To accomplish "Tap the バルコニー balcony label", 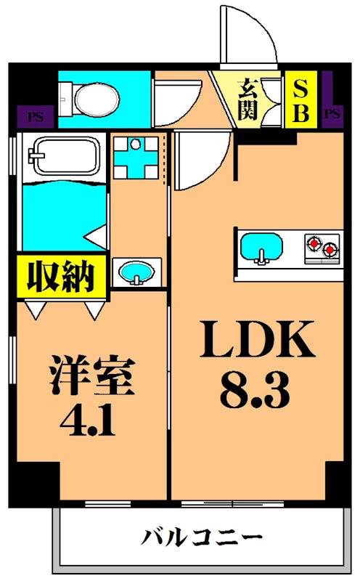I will [x=201, y=538].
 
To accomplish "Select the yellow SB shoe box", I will [x=300, y=101].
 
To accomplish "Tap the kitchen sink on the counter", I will [x=263, y=247].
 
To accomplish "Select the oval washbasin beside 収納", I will [x=135, y=274].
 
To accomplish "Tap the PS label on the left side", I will [x=33, y=115].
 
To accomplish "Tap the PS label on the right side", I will [x=332, y=114].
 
